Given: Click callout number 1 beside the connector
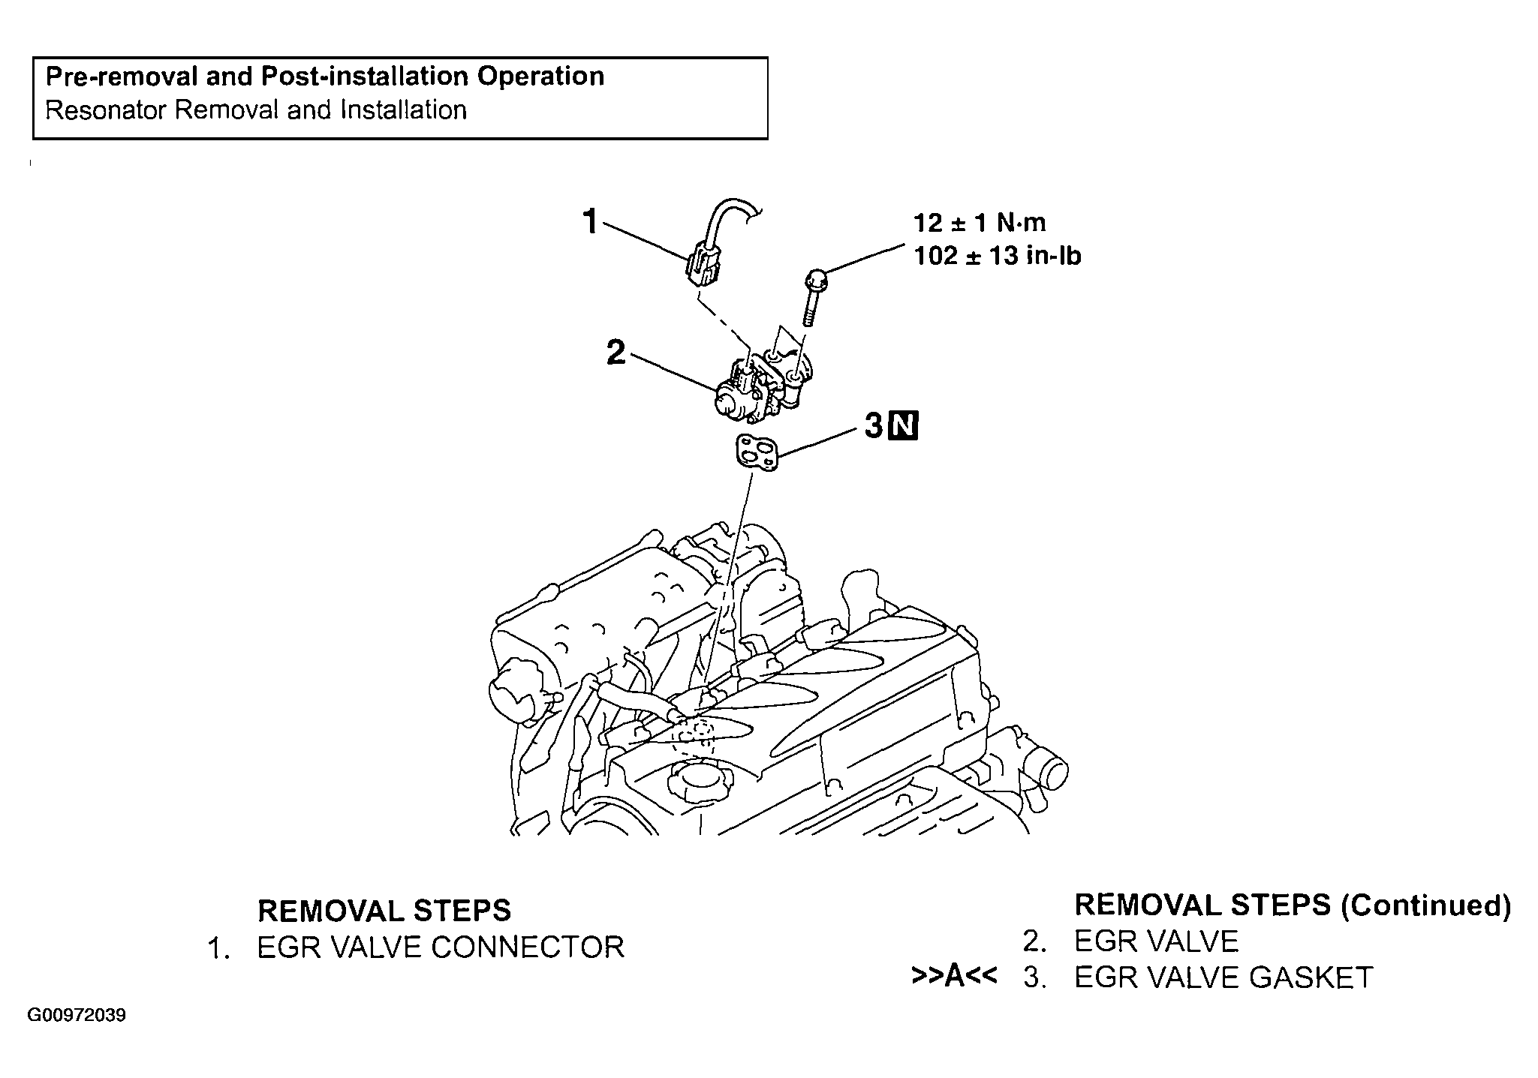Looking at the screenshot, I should click(x=591, y=222).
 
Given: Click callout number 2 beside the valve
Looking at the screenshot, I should click(x=616, y=352).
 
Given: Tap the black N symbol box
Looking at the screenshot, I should click(x=903, y=426).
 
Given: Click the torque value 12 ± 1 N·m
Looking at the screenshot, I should click(x=980, y=222).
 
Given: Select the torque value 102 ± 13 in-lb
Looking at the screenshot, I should click(x=998, y=256).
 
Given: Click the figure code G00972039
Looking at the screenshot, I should click(x=77, y=1016).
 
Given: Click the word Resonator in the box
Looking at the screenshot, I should click(x=105, y=110).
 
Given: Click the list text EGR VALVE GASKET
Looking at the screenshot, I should click(x=1223, y=977).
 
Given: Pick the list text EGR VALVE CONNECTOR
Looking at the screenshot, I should click(x=441, y=947).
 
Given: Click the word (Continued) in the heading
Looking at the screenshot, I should click(x=1425, y=905).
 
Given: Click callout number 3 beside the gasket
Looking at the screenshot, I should click(x=873, y=426).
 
